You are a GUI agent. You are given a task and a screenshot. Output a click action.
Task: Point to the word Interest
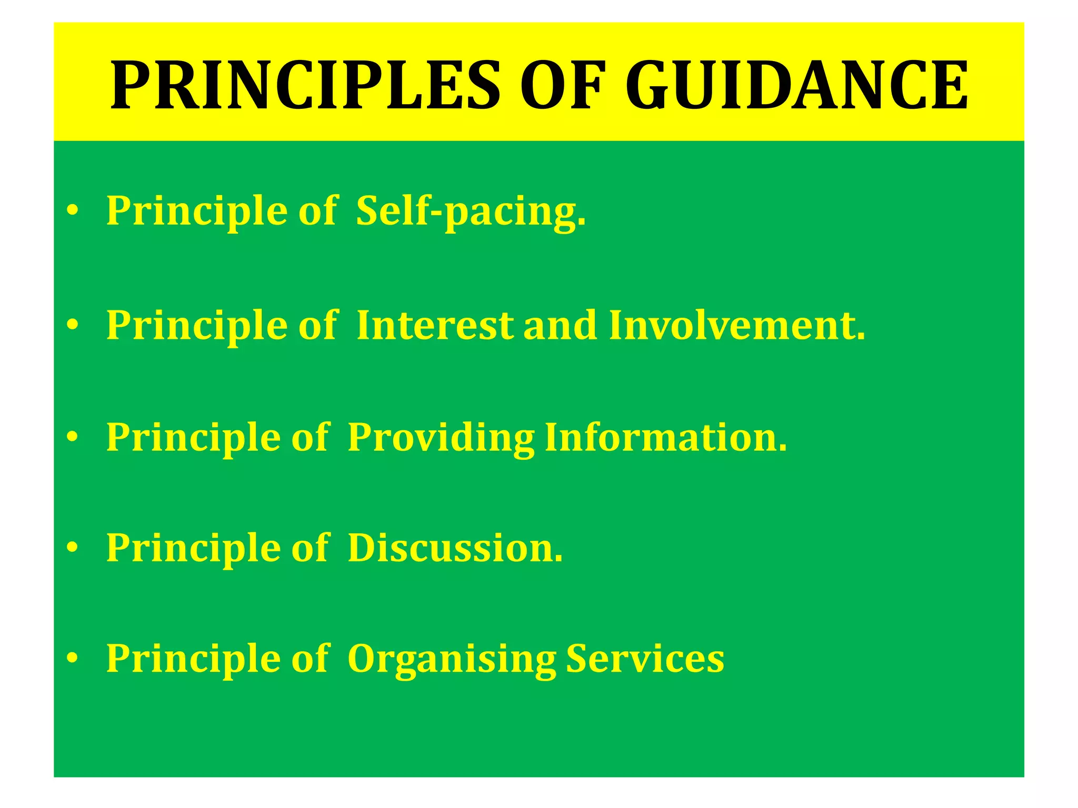pos(435,325)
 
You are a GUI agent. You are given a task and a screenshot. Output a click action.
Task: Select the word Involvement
pos(737,325)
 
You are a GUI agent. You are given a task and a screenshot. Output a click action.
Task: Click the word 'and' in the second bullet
pos(560,325)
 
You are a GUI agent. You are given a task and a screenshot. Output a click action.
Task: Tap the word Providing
pos(441,438)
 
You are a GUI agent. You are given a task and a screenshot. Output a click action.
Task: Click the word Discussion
pos(455,548)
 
